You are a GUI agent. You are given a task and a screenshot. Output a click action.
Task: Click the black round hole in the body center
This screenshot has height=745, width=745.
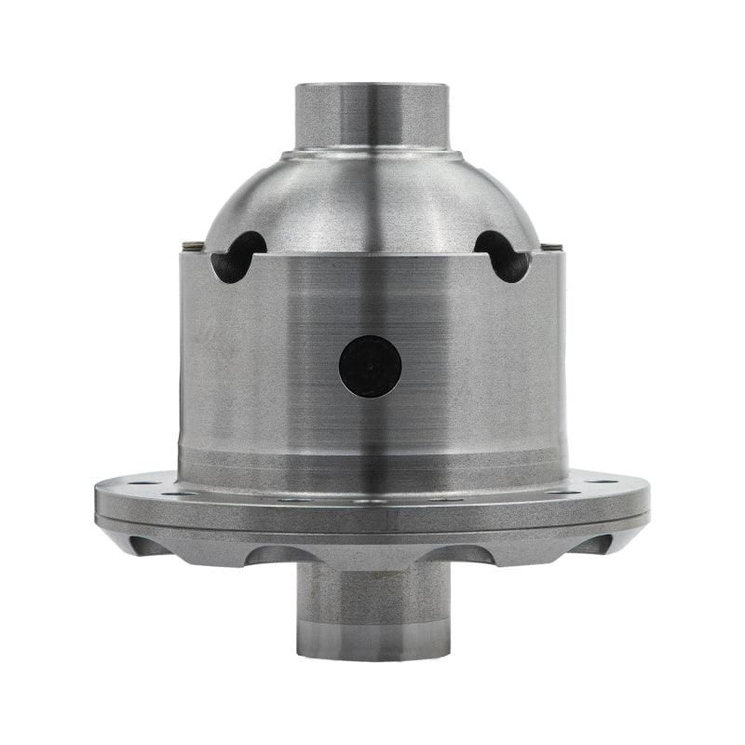pyautogui.click(x=370, y=366)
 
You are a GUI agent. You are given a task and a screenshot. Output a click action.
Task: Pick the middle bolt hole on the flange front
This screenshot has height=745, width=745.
pyautogui.click(x=372, y=501)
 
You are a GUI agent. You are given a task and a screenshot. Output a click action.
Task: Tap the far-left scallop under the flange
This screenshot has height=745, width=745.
pyautogui.click(x=149, y=544)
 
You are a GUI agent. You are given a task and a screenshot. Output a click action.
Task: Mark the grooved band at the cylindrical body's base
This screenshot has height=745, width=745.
pyautogui.click(x=372, y=459)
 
